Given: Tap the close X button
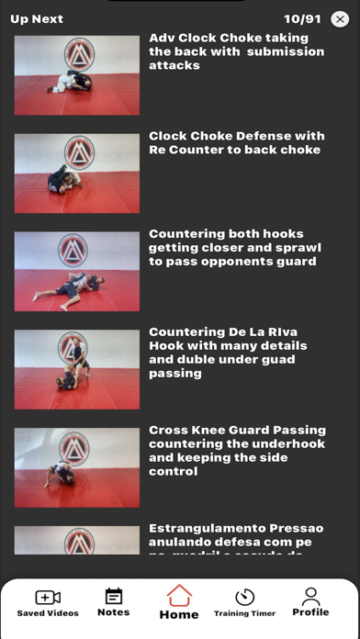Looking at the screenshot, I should click(340, 18).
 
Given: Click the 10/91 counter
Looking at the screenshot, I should click(301, 18).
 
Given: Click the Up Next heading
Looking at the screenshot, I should click(37, 18).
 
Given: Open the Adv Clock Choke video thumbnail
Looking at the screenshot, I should click(77, 75).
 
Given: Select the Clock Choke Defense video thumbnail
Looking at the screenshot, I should click(77, 174).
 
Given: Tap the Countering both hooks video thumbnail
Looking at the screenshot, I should click(77, 272).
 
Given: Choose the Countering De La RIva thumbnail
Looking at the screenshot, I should click(77, 369).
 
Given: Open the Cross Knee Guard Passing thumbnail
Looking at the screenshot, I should click(77, 467).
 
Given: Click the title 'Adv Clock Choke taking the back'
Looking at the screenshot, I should click(236, 51).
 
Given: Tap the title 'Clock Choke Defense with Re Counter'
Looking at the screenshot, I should click(236, 142).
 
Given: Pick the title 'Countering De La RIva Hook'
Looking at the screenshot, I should click(228, 352).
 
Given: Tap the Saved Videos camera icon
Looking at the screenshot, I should click(48, 598).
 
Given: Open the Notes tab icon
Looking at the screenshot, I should click(114, 597).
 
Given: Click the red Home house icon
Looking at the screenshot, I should click(179, 596).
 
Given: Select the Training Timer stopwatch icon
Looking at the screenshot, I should click(244, 598).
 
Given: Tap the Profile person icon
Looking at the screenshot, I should click(310, 597).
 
